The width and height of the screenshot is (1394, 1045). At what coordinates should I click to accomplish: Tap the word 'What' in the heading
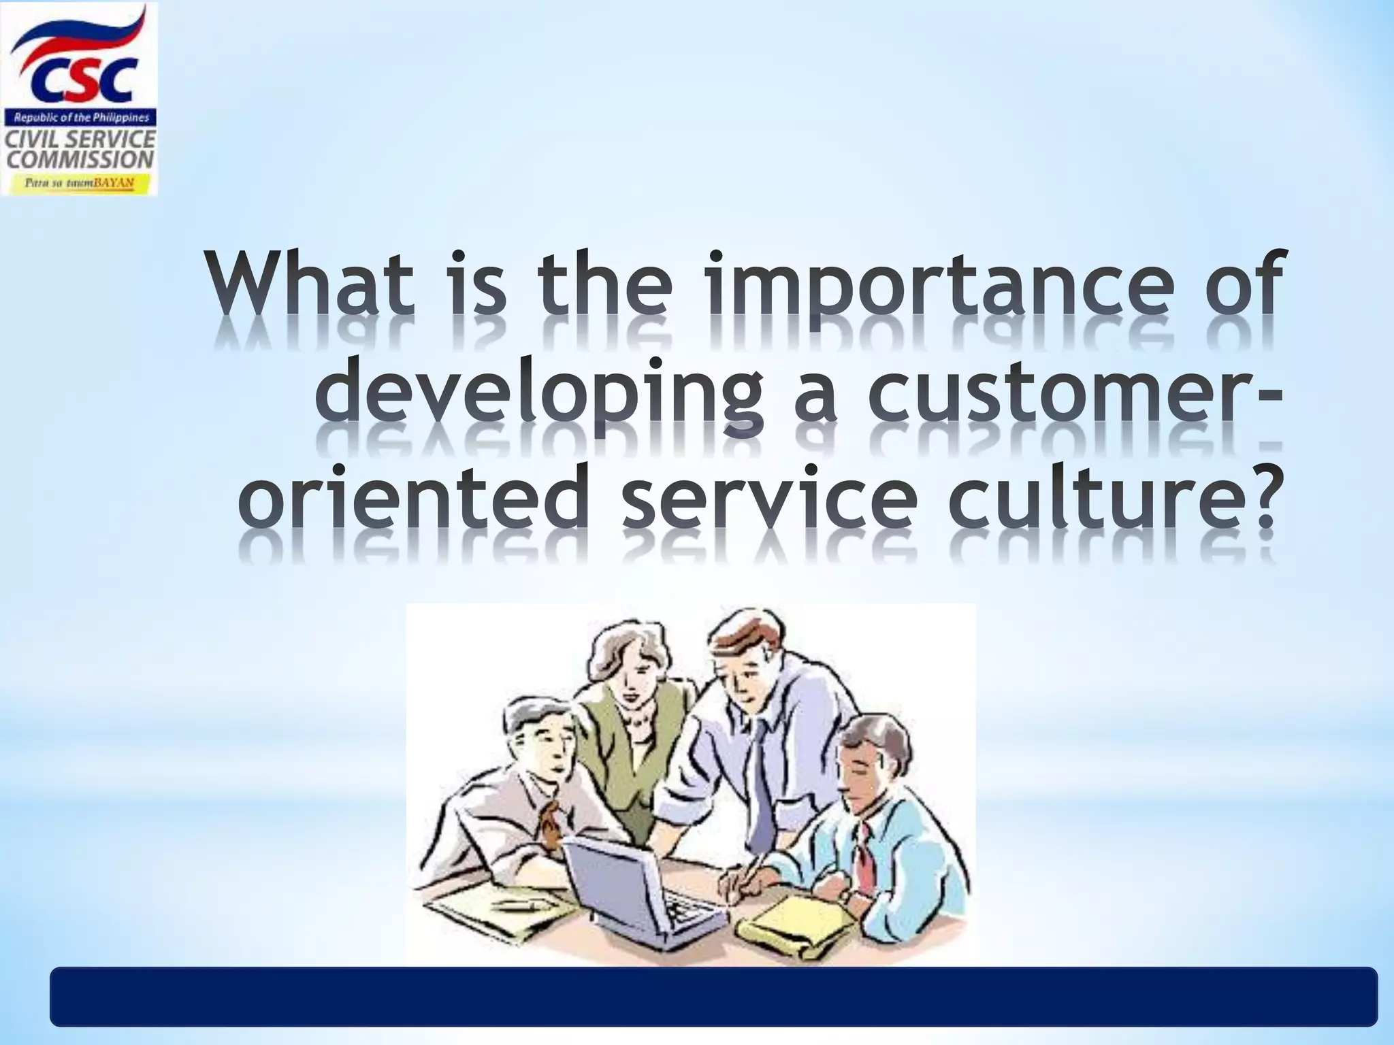(x=310, y=284)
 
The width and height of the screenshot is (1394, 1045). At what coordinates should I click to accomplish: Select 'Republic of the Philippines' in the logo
(x=80, y=118)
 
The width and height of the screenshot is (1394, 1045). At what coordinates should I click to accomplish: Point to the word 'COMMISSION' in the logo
(x=80, y=161)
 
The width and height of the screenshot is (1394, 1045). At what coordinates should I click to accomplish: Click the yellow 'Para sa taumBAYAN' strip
(x=80, y=183)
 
